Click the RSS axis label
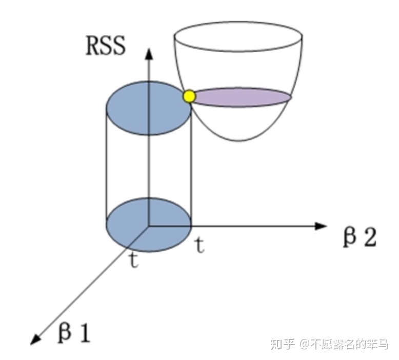click(x=105, y=46)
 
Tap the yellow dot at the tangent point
click(x=189, y=96)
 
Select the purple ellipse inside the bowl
click(x=241, y=97)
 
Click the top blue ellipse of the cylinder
click(x=149, y=108)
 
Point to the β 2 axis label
click(x=359, y=238)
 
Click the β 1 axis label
click(x=74, y=334)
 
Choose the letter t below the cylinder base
click(x=134, y=261)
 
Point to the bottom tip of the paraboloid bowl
click(x=237, y=141)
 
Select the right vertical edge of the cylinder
click(x=191, y=164)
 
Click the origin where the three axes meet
click(x=149, y=226)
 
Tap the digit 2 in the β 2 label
click(x=368, y=238)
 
